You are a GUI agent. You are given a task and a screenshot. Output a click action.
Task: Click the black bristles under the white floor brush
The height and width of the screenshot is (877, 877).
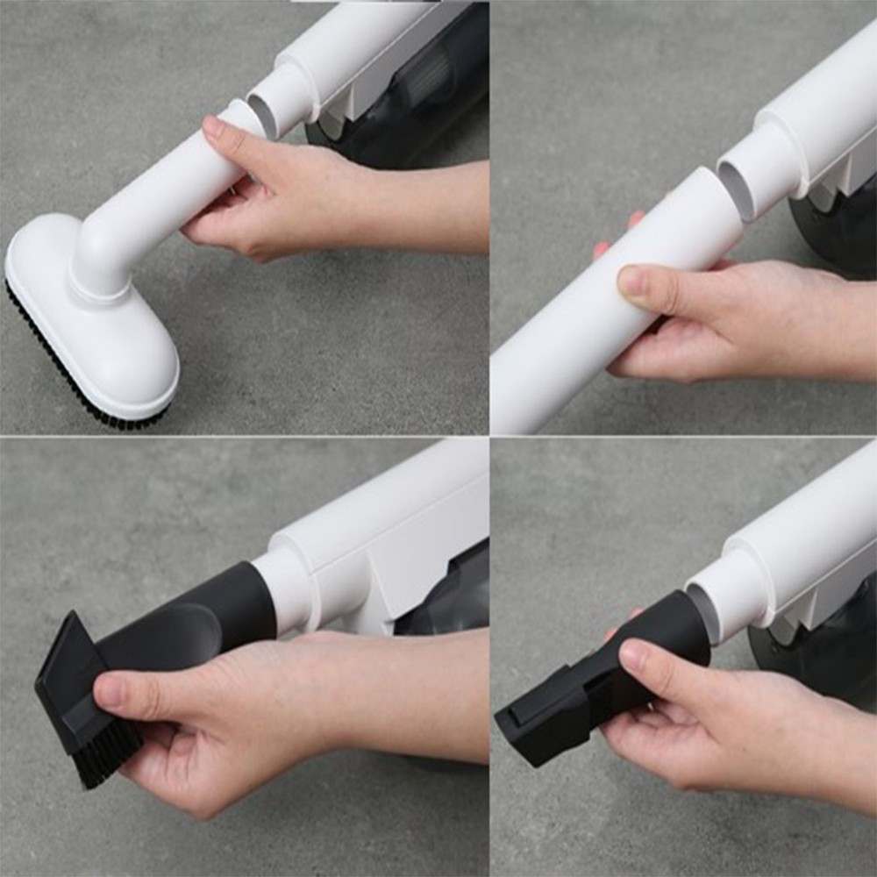[x=79, y=386]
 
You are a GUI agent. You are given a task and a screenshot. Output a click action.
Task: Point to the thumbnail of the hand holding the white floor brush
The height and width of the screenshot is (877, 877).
[x=213, y=128]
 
